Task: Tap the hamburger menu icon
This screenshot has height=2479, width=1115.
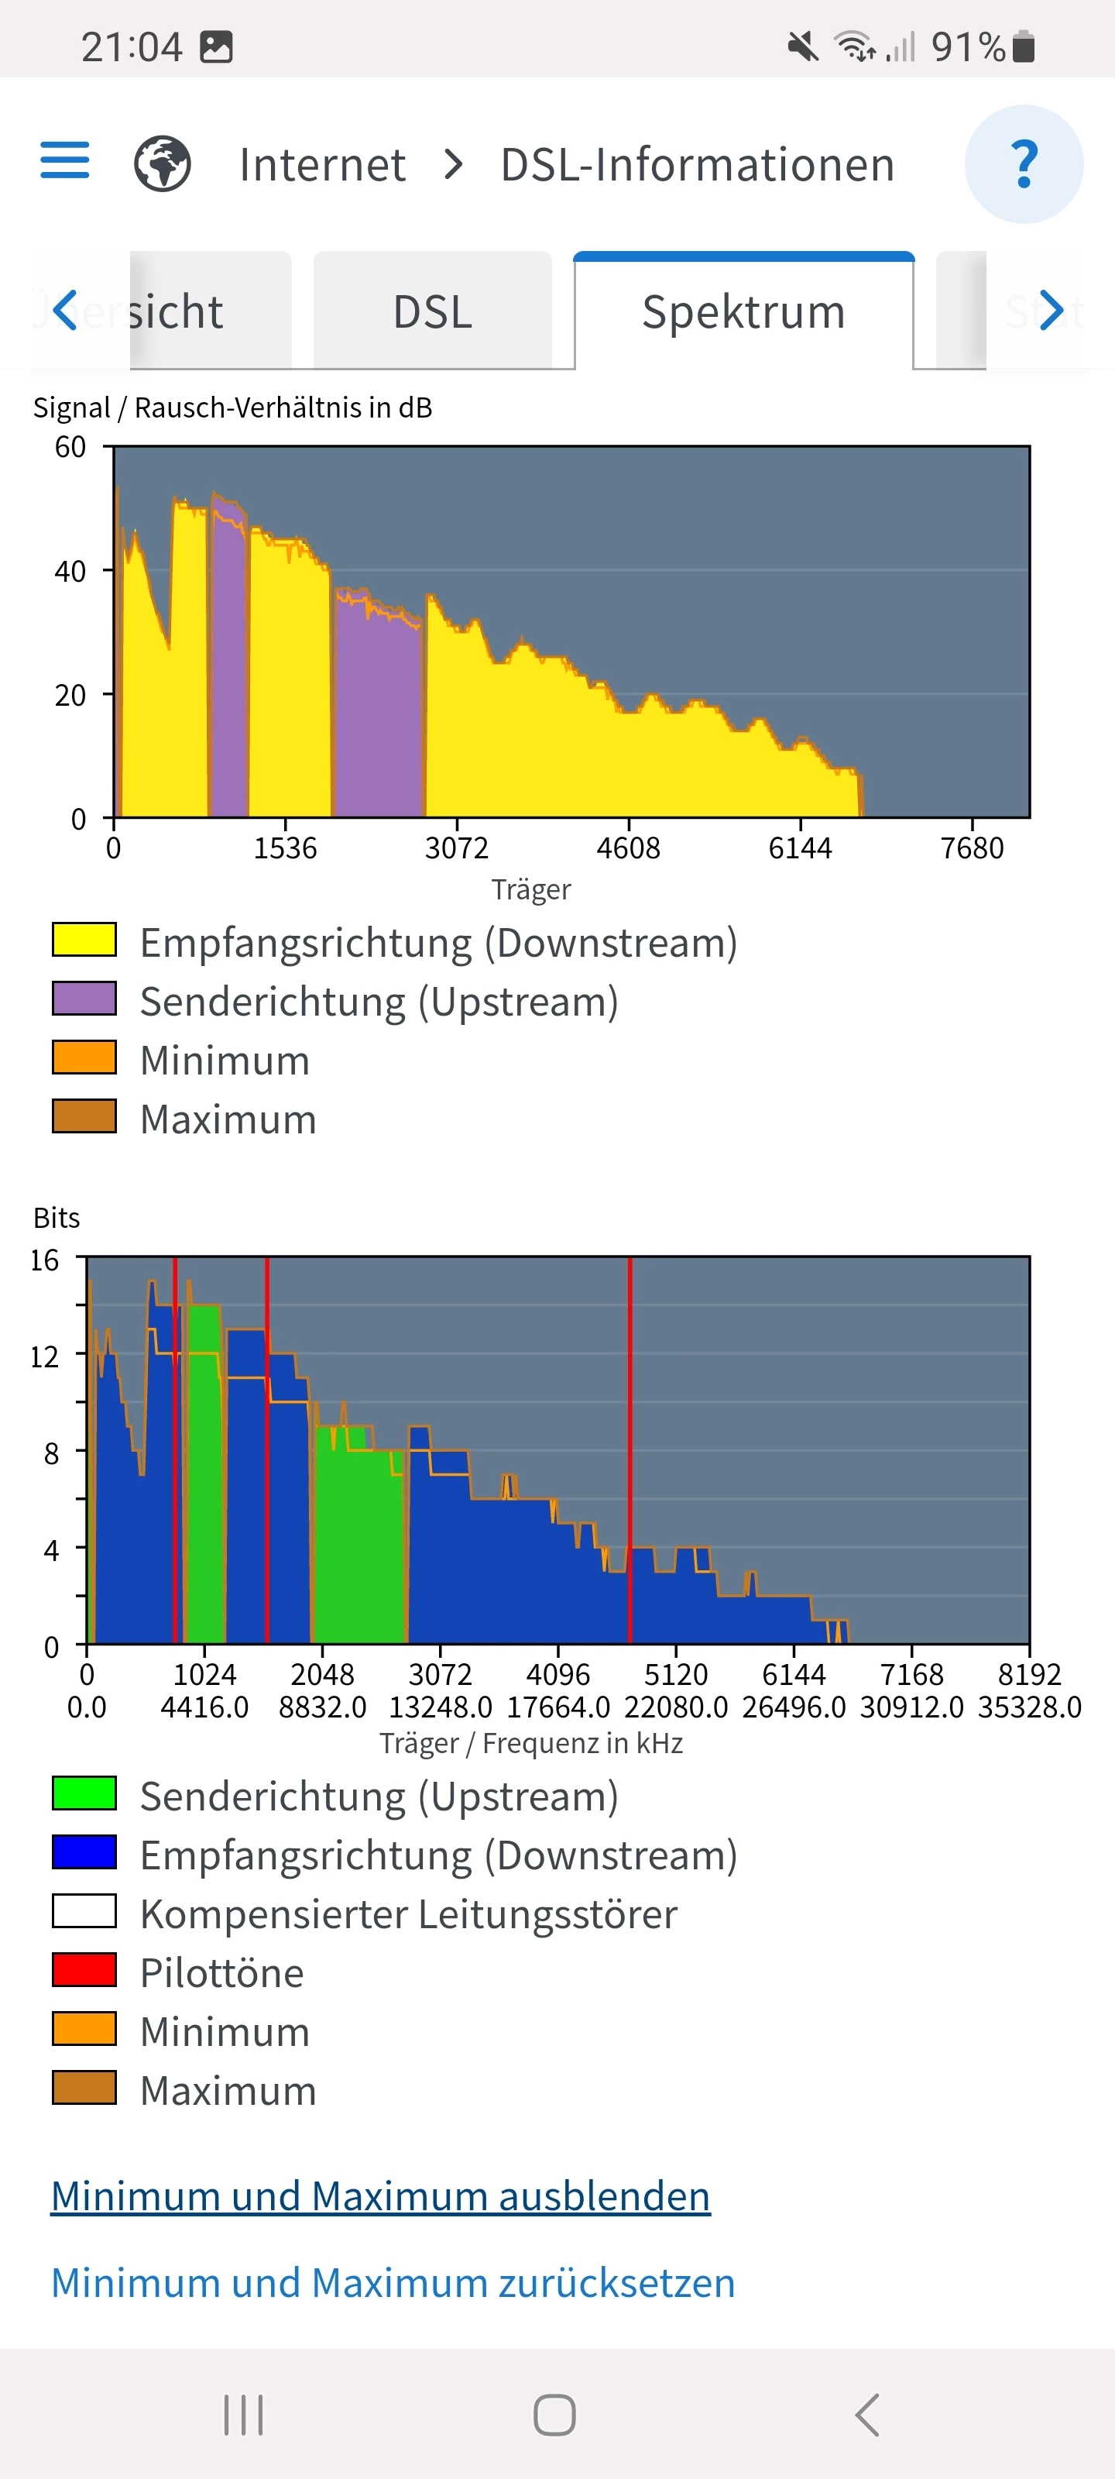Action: click(64, 160)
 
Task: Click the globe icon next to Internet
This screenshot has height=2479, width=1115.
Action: click(162, 163)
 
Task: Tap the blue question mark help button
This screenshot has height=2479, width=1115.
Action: click(1024, 164)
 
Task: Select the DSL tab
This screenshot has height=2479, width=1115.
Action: click(432, 311)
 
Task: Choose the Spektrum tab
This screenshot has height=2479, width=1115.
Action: click(743, 311)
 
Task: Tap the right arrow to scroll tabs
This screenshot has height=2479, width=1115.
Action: click(1051, 310)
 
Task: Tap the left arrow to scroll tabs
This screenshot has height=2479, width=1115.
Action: click(64, 310)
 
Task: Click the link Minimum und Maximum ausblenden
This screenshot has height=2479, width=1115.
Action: click(380, 2196)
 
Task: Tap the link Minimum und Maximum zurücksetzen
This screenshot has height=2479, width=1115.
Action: click(393, 2283)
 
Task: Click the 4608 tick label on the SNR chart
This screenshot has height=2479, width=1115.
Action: click(628, 848)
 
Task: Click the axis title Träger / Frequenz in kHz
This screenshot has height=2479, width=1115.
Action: click(531, 1743)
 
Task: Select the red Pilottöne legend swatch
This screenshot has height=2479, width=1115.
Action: click(84, 1970)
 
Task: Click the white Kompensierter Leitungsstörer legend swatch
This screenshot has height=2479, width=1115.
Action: click(84, 1911)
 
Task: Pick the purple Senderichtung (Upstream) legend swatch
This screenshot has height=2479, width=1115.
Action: click(84, 999)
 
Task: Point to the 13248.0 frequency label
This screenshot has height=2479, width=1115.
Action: click(440, 1707)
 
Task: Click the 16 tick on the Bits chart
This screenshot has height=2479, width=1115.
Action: click(44, 1260)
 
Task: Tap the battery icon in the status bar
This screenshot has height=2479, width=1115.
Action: click(1024, 46)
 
